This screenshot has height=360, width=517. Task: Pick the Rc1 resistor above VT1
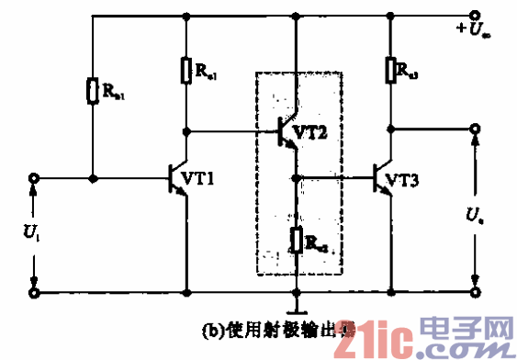click(186, 70)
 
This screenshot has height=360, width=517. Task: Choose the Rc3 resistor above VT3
click(391, 69)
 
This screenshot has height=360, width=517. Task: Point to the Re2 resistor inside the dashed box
click(296, 241)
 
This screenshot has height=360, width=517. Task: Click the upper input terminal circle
click(35, 178)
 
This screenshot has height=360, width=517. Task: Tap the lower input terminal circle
click(35, 293)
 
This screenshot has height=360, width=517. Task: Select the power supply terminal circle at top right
click(475, 16)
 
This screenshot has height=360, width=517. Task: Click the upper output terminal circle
click(475, 129)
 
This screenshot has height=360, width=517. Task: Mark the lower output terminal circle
click(475, 293)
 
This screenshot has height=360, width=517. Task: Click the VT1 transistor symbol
click(178, 179)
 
